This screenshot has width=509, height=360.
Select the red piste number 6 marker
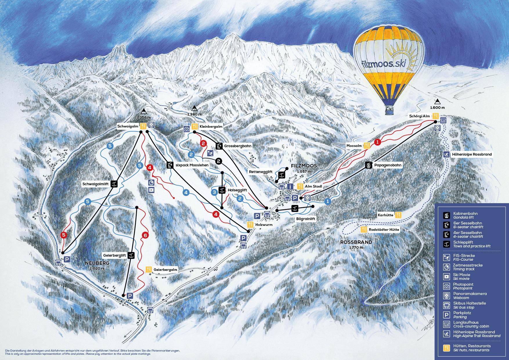(x=145, y=235)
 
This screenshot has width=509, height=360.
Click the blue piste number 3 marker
(x=214, y=192)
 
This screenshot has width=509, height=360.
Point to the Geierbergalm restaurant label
(x=166, y=270)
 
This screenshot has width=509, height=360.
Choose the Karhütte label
(x=385, y=215)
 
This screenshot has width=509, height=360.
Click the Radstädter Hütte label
(x=384, y=230)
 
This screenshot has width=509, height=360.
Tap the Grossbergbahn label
(x=237, y=146)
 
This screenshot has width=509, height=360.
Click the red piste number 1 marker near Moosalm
(x=377, y=142)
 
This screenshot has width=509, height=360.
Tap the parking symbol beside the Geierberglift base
(x=130, y=296)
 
